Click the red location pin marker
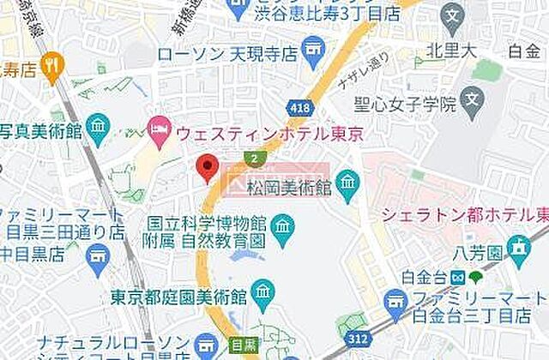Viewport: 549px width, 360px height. pos(207,167)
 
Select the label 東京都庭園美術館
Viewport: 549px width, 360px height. pos(178,297)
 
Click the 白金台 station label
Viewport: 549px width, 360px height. pos(426,277)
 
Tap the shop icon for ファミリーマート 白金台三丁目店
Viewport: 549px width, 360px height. pos(395,299)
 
